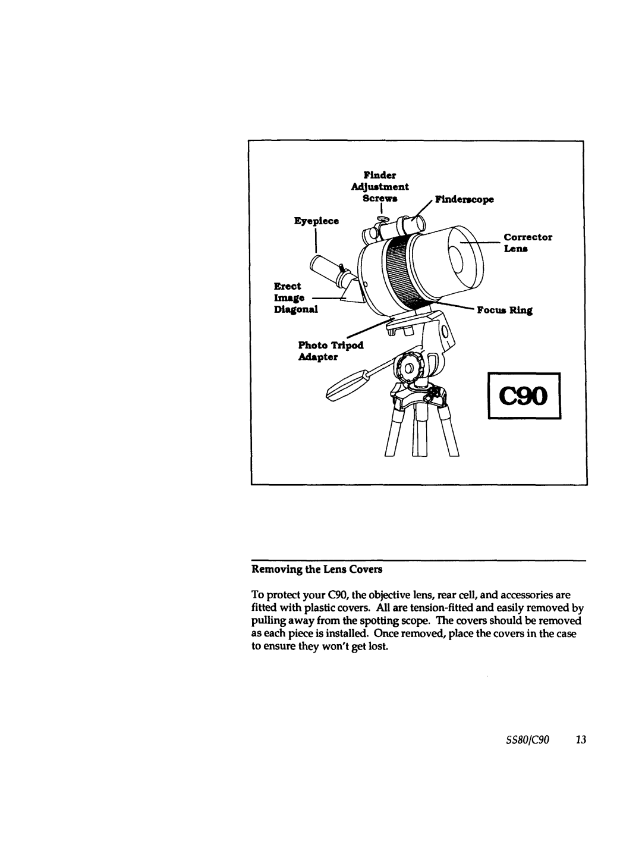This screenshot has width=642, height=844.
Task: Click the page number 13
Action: point(581,739)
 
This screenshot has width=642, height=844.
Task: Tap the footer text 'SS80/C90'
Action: point(533,739)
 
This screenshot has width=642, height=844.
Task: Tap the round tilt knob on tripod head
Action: point(408,366)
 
